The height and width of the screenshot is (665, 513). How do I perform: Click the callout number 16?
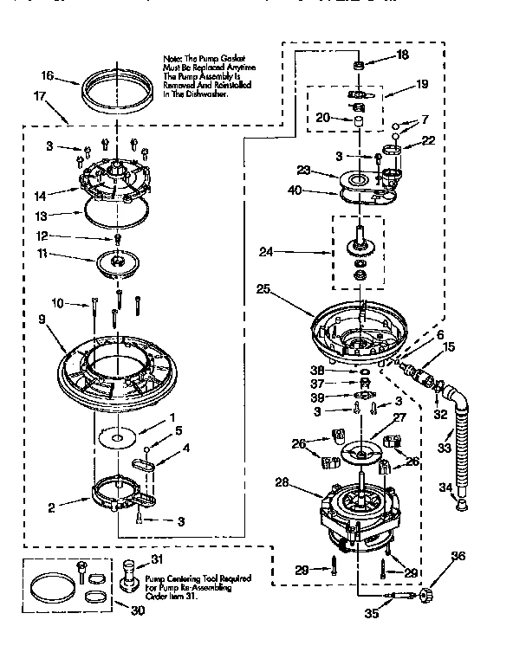pos(48,77)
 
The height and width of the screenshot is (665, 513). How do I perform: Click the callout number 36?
pos(458,556)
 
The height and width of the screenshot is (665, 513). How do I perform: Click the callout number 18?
pos(402,55)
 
